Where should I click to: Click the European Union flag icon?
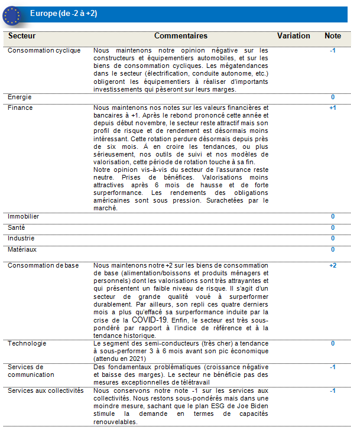point(11,14)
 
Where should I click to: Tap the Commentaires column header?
point(181,36)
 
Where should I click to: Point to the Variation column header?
point(293,36)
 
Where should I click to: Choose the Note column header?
point(333,36)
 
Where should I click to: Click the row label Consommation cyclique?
point(44,51)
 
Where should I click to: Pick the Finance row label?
point(21,108)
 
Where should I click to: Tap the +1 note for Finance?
point(332,108)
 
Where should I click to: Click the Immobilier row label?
point(24,217)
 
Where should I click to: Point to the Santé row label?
point(17,227)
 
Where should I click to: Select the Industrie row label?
point(21,238)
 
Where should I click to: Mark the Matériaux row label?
point(22,249)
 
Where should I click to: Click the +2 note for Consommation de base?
point(332,266)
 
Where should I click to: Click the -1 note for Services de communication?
point(333,367)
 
